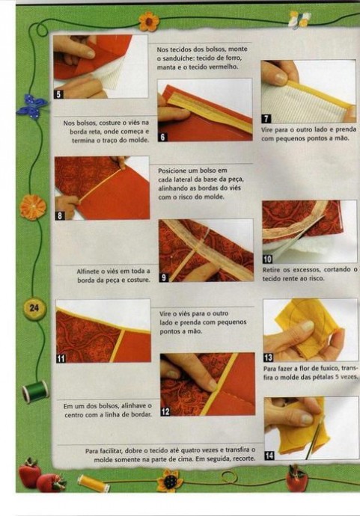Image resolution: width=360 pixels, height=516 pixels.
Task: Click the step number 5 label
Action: point(58,94)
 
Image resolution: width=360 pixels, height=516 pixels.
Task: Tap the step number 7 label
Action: point(266,119)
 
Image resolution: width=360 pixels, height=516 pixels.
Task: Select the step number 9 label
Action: point(164,277)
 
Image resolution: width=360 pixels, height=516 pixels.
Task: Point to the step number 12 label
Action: point(165,411)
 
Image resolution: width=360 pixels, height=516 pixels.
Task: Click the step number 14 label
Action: point(269,455)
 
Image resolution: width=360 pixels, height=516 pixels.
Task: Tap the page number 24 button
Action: point(34,307)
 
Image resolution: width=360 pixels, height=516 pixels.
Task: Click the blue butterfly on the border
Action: point(31,106)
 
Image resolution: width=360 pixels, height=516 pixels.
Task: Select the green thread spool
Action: point(35,391)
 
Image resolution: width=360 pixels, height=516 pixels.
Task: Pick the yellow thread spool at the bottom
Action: point(94,483)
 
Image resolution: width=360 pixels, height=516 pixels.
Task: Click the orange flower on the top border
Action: point(149,22)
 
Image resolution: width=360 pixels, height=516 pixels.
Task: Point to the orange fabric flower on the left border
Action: point(32,207)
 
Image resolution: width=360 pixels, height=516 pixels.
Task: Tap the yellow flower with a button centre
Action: point(169,481)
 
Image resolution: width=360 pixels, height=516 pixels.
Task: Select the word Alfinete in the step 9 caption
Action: point(87,271)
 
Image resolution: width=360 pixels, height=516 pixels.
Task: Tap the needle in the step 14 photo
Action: point(314,437)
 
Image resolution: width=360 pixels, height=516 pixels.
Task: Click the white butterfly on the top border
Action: point(299,19)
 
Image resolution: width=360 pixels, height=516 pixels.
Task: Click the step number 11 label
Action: point(61,358)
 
